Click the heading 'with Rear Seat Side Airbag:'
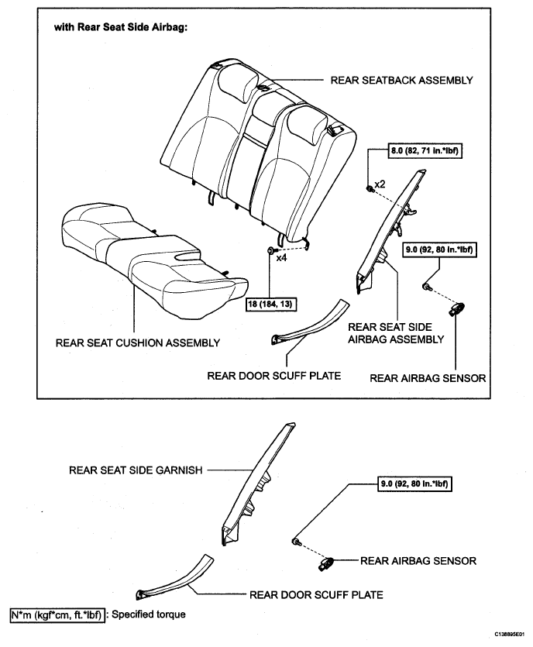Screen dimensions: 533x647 click(121, 28)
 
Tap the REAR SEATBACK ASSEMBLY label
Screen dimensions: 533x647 click(401, 80)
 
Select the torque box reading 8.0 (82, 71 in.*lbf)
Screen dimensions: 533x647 click(425, 150)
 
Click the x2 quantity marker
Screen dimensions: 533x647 click(380, 184)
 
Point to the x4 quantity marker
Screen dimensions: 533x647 click(281, 258)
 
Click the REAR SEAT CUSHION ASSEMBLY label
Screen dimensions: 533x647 click(138, 343)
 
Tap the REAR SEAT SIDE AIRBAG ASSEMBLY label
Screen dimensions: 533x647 click(396, 333)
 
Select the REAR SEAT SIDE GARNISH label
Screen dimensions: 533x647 click(136, 470)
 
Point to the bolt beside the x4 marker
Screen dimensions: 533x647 click(271, 250)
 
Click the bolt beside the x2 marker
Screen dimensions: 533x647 click(370, 189)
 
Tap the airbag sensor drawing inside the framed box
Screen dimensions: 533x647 click(457, 308)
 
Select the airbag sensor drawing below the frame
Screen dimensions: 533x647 click(326, 563)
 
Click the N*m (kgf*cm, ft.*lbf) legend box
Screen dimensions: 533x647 click(57, 614)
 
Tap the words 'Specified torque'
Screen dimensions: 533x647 click(149, 614)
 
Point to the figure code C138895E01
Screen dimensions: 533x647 click(510, 633)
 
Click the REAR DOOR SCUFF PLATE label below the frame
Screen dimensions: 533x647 click(316, 594)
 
